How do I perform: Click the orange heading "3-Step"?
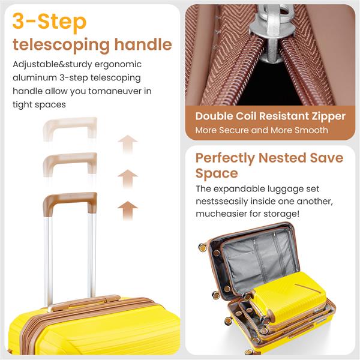[50, 22]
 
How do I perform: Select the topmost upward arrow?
[127, 144]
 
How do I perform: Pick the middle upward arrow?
[127, 178]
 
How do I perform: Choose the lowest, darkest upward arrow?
[127, 210]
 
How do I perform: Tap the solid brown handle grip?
[70, 200]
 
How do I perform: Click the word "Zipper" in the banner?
[323, 116]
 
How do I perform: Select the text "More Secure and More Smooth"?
[262, 130]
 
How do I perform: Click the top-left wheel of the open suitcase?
[203, 247]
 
